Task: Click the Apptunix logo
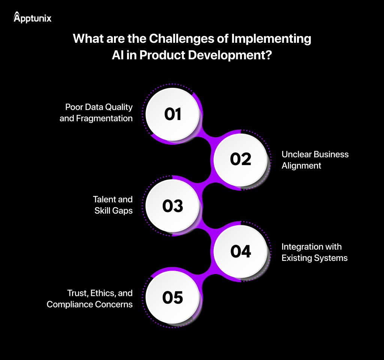32,17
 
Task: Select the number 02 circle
240,160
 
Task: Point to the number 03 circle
173,206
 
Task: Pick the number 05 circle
173,298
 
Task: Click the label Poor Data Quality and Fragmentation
96,113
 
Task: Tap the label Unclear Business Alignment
315,160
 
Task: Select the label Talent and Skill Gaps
113,205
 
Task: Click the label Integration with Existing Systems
314,252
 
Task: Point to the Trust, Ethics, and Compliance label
90,298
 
